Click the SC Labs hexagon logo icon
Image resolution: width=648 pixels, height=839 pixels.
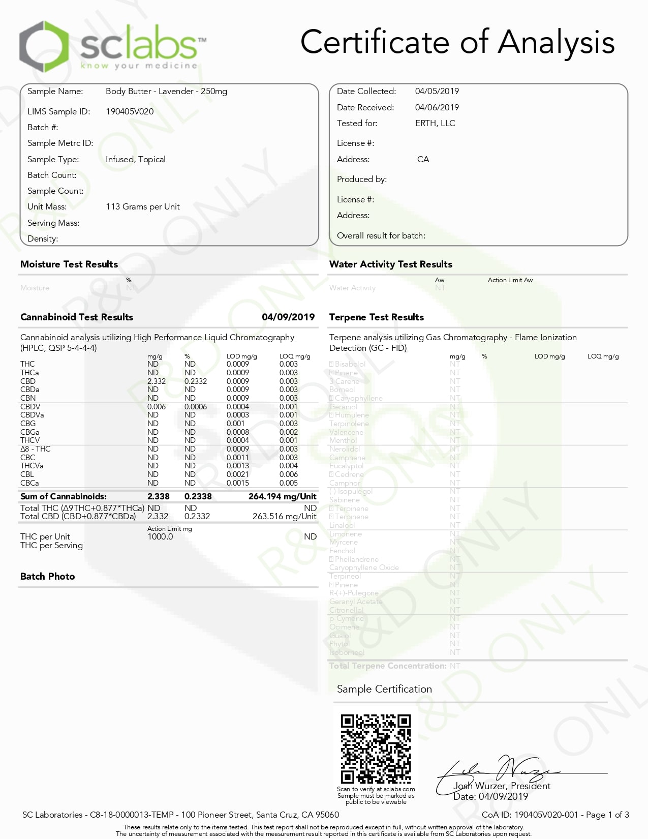point(44,47)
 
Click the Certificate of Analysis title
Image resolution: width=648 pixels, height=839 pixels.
point(457,42)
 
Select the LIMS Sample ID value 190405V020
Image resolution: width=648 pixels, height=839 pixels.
point(130,111)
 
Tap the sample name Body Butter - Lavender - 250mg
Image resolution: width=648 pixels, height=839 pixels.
point(166,92)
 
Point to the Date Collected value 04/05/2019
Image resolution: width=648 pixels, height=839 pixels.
point(437,92)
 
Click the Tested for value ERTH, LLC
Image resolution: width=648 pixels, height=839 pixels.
point(435,123)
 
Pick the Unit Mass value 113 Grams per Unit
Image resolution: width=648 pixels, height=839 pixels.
point(142,206)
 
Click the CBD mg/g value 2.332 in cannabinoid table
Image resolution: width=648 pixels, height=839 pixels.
point(157,381)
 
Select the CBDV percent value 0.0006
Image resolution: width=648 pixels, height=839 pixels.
point(195,406)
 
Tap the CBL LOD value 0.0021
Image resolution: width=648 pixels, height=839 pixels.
point(238,474)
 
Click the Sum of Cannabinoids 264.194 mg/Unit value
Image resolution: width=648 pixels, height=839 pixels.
point(282,496)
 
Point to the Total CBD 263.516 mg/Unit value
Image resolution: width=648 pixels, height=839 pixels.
point(284,516)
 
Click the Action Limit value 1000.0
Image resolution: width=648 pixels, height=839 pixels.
point(160,536)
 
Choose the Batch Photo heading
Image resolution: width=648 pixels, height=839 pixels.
point(48,576)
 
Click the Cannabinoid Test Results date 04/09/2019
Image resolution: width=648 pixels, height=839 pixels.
point(288,317)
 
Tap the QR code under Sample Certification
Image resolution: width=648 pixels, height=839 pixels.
point(376,749)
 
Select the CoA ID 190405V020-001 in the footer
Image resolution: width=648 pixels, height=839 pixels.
point(546,815)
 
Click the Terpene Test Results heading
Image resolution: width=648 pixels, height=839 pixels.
point(376,317)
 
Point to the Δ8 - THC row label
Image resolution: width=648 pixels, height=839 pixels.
point(36,449)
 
